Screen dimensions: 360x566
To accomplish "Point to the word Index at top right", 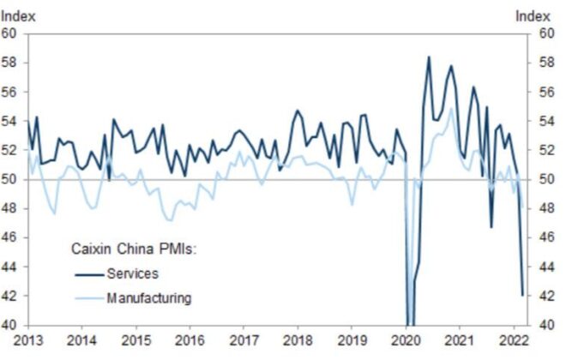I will click(x=532, y=15).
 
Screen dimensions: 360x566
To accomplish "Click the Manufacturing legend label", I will click(x=148, y=298).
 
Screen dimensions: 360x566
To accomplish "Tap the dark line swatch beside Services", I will click(x=86, y=274).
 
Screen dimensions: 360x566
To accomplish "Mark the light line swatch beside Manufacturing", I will click(x=86, y=298).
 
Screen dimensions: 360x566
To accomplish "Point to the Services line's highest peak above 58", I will click(x=429, y=57).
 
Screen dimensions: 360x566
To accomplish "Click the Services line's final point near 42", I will click(x=522, y=295).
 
